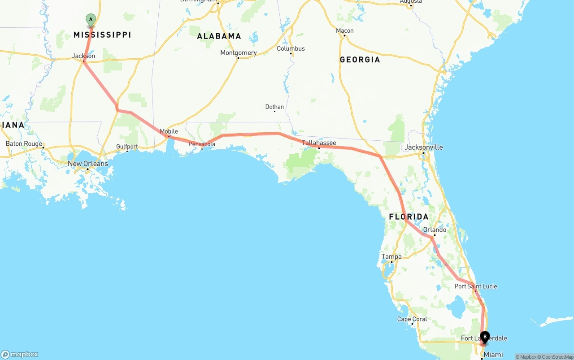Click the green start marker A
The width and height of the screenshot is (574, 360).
coord(91,20)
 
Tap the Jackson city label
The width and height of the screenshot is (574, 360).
coord(83,56)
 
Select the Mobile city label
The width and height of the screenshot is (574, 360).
coord(169,131)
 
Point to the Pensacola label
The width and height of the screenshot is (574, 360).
coord(202,144)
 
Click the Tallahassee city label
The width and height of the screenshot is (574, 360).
coord(319,143)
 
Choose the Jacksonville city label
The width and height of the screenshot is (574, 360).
coord(423,147)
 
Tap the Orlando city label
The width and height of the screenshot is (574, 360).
coord(435,230)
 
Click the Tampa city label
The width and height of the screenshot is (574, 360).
coord(391,256)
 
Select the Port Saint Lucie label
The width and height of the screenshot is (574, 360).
coord(475,286)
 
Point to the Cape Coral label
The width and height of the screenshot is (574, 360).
coord(412,319)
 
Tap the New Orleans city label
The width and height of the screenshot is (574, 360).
coord(88,164)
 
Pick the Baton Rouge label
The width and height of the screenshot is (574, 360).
coord(24,144)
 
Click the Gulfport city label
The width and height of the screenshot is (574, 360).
coord(127,147)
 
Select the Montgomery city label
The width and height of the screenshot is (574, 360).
coord(239,53)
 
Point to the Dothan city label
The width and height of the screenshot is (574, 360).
coord(274,107)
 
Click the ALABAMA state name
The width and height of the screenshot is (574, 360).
coord(219,36)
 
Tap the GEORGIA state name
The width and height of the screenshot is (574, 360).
coord(360,60)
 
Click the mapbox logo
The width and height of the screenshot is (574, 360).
coord(20,354)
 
